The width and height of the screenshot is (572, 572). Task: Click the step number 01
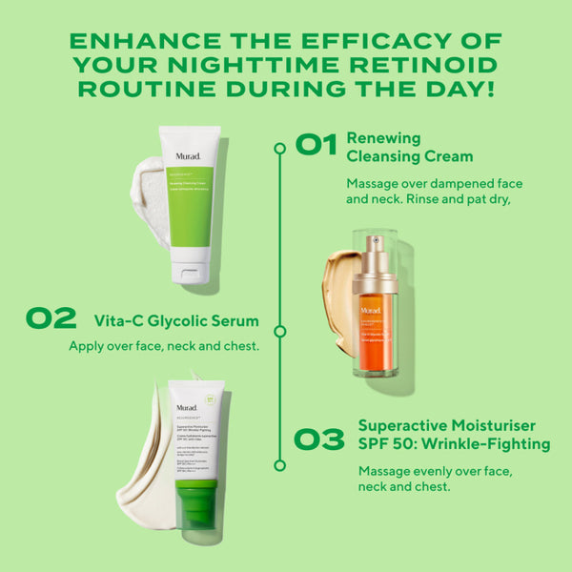316,145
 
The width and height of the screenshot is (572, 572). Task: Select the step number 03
318,439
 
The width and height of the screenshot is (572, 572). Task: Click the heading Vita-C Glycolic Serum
176,318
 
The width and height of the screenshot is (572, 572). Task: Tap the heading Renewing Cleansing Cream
410,146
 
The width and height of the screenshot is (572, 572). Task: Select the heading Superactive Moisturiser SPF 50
454,434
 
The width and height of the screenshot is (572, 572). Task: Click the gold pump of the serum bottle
374,262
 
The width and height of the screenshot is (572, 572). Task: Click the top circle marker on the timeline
279,149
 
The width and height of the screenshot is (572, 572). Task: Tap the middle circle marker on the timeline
279,331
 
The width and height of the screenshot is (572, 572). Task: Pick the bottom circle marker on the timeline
279,465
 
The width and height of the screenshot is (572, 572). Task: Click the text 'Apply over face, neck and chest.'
164,345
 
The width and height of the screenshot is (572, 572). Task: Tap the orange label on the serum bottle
374,334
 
